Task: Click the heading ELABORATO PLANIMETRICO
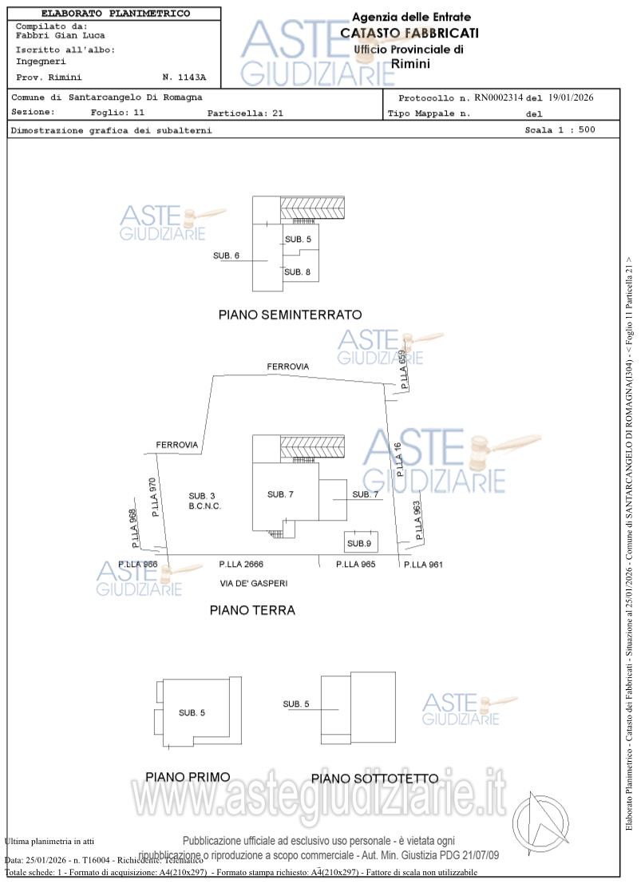click(116, 14)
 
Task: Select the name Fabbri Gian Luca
click(61, 35)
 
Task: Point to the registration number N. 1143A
click(184, 77)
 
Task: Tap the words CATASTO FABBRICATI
click(410, 33)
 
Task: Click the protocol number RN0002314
click(498, 97)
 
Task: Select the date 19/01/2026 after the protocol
click(570, 97)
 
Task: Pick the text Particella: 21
click(245, 113)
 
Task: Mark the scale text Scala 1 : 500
click(560, 129)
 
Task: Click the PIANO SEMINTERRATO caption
click(290, 315)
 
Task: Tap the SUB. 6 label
click(227, 256)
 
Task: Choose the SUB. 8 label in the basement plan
click(297, 272)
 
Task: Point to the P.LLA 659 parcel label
click(403, 369)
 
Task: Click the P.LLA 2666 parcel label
click(241, 564)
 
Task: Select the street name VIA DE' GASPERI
click(253, 583)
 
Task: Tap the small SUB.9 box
click(359, 543)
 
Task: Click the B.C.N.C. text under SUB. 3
click(204, 506)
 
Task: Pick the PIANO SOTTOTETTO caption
click(374, 778)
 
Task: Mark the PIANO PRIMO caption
click(188, 776)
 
